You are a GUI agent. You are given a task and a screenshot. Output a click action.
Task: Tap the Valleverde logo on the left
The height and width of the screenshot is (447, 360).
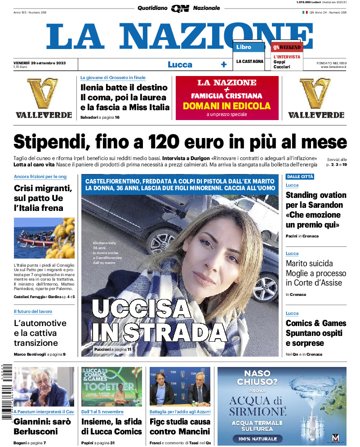pos(44,98)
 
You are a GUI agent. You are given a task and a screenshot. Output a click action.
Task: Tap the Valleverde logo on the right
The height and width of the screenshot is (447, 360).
pos(316,98)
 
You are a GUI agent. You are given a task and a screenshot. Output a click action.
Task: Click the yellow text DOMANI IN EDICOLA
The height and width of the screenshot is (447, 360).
pos(227,106)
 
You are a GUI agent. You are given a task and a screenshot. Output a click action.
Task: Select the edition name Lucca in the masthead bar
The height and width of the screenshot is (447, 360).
pos(180,64)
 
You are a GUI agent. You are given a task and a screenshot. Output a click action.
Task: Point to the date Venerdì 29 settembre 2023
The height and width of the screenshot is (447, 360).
pos(40,63)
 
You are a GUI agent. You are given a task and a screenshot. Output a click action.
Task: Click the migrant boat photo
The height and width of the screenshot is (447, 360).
pos(44,238)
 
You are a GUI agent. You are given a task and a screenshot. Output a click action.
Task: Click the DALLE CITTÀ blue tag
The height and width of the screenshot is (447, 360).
pos(300,177)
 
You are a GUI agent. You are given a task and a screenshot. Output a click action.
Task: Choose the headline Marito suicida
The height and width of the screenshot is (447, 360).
pos(309,263)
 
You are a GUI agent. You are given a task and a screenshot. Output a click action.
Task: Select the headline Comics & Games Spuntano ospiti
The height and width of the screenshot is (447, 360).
pos(316,333)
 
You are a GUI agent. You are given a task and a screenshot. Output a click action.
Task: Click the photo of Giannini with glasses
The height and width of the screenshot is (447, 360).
pos(44,387)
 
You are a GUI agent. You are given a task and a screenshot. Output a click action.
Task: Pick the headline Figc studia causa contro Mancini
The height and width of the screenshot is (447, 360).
pos(179,427)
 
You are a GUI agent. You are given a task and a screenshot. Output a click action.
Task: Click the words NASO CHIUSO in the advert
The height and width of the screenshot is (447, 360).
pos(257,378)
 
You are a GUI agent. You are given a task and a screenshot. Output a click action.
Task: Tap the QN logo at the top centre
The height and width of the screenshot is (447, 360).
pos(179,8)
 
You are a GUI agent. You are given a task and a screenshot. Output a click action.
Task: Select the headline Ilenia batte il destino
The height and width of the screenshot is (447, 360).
pos(124,87)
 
